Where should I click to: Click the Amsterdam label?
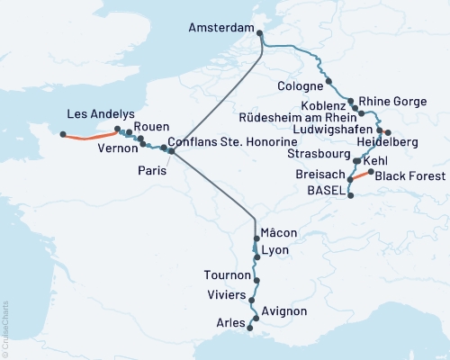[x=220, y=29]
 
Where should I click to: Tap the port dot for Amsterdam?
[x=260, y=34]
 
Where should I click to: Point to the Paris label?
[x=153, y=169]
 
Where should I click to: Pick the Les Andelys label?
[x=101, y=113]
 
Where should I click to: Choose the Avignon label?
[x=286, y=311]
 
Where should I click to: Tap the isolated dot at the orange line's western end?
[x=63, y=135]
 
